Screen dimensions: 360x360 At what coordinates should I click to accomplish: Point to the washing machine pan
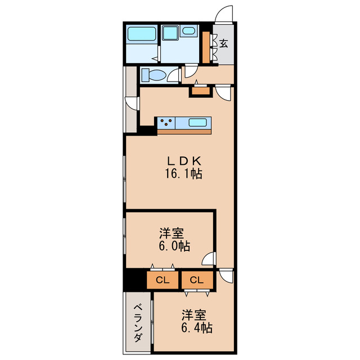(x=170, y=34)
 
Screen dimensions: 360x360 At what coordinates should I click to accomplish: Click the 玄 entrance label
(x=224, y=44)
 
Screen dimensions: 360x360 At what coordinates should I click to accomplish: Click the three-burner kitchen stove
(x=166, y=121)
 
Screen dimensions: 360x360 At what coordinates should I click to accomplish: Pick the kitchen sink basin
(x=199, y=122)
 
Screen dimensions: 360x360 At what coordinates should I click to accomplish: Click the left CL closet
(x=163, y=280)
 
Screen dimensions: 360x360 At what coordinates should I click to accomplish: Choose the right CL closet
(x=196, y=280)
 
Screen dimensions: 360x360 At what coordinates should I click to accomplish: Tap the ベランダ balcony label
(x=137, y=323)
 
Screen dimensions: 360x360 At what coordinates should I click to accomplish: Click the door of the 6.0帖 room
(x=209, y=259)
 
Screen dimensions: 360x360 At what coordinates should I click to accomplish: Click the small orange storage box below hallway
(x=200, y=90)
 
